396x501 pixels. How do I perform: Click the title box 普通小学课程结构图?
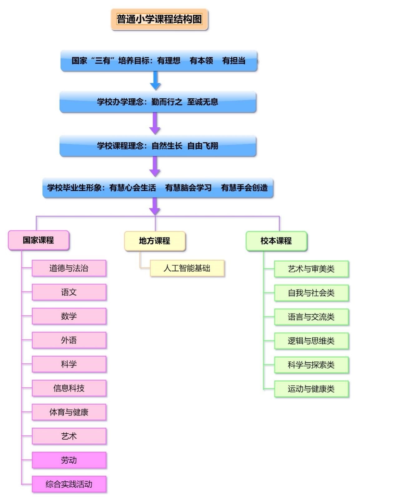159,19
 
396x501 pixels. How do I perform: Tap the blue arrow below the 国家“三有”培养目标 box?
155,81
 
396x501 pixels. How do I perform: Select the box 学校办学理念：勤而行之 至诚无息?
158,102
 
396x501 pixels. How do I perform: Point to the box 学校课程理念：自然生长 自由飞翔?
158,146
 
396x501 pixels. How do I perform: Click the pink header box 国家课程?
38,240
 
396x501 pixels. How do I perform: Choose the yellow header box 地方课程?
155,241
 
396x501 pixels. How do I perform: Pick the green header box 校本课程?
276,241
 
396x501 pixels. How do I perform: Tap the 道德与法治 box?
69,268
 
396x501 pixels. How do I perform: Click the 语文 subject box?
69,292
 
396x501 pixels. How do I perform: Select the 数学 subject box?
69,316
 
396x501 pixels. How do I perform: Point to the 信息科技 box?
69,388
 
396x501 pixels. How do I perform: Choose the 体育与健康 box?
69,412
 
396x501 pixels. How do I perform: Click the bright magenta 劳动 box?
69,460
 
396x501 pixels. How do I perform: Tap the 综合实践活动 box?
69,484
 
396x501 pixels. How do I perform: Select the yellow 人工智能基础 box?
187,268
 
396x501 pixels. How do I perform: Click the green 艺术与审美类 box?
311,269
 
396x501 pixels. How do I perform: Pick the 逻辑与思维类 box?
311,341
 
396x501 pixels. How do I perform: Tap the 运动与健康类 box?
311,389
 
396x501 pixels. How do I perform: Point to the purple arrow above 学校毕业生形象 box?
155,167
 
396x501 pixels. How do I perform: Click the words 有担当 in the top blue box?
234,61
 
